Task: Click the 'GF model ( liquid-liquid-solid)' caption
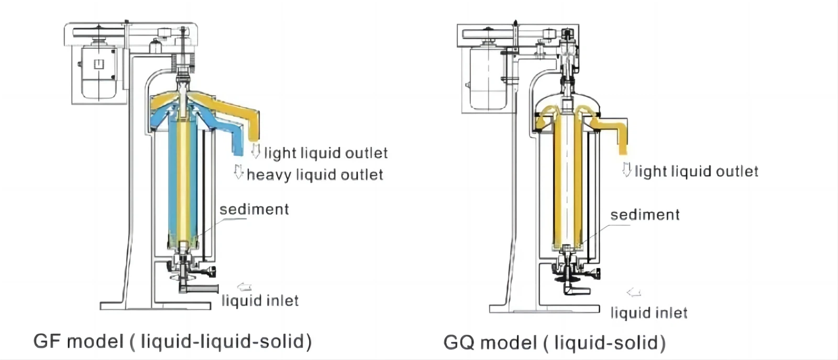(172, 342)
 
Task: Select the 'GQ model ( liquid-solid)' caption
(554, 343)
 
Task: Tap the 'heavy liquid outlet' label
(314, 174)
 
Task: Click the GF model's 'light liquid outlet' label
(325, 153)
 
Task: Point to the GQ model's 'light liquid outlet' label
(696, 171)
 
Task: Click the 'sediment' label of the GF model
(254, 210)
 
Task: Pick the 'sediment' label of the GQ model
(645, 215)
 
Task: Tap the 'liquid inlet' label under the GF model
(260, 301)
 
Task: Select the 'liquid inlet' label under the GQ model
(648, 313)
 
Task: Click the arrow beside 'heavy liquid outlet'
(239, 172)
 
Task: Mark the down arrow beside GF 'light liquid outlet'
(256, 151)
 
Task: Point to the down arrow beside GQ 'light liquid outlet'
(626, 169)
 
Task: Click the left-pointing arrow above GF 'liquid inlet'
(245, 287)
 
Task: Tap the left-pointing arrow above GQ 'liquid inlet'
(634, 292)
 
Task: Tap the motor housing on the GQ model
(487, 79)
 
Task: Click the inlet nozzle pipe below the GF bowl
(202, 289)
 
